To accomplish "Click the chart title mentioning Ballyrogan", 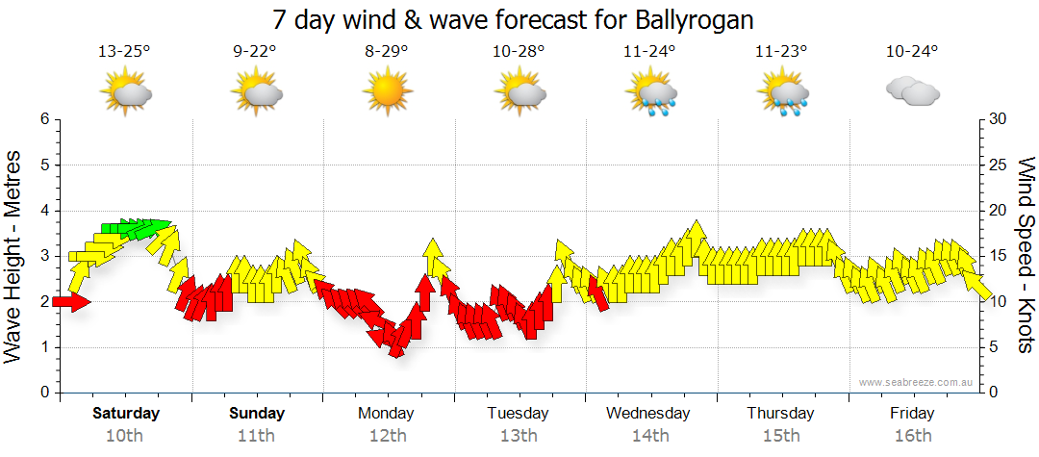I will pyautogui.click(x=513, y=19).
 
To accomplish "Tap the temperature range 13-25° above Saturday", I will pyautogui.click(x=125, y=52).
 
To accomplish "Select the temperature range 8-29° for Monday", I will pyautogui.click(x=387, y=52).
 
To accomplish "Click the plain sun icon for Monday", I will pyautogui.click(x=387, y=91).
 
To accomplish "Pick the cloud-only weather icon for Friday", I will pyautogui.click(x=912, y=91).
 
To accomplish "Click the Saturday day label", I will pyautogui.click(x=125, y=413).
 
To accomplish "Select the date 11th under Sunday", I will pyautogui.click(x=256, y=435).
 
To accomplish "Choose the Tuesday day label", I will pyautogui.click(x=518, y=413).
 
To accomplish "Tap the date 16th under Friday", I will pyautogui.click(x=912, y=435).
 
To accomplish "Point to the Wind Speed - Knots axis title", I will pyautogui.click(x=1025, y=256).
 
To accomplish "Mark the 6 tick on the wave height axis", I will pyautogui.click(x=43, y=119).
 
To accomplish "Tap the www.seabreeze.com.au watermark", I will pyautogui.click(x=917, y=382).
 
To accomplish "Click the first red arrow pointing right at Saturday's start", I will pyautogui.click(x=71, y=302).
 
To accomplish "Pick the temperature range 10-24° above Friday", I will pyautogui.click(x=912, y=52).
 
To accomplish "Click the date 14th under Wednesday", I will pyautogui.click(x=650, y=435).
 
